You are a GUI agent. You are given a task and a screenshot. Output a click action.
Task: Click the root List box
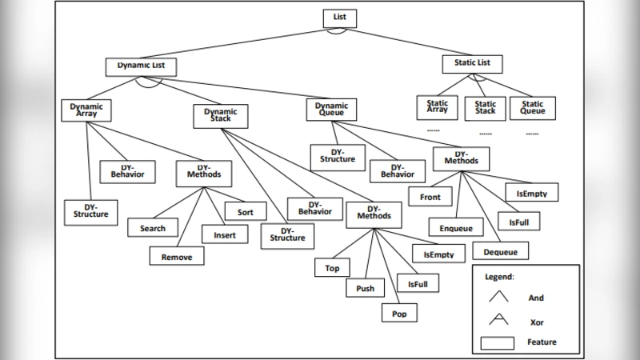point(339,17)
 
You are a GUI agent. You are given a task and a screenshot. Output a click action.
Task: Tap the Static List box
point(471,63)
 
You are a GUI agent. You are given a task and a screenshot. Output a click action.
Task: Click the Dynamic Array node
point(86,110)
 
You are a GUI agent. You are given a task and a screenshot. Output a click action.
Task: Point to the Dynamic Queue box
point(331,109)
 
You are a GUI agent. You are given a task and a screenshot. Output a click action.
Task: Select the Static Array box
point(437,107)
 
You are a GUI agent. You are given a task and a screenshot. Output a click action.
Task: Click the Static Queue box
point(533,107)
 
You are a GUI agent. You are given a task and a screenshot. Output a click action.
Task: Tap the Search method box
point(152,228)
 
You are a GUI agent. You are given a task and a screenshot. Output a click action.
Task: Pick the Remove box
point(177,256)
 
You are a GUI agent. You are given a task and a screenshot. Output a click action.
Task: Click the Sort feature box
point(244,212)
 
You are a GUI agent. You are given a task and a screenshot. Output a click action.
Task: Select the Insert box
point(218,234)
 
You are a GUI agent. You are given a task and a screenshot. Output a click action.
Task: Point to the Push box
point(364,288)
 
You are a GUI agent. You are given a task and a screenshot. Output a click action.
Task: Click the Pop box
point(399,314)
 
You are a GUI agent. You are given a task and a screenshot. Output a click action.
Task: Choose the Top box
point(332,269)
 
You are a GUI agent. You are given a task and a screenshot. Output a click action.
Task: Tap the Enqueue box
point(456,229)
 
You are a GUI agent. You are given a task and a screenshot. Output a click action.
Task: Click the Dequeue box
point(500,253)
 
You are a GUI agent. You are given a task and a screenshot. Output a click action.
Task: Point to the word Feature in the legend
point(542,342)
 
